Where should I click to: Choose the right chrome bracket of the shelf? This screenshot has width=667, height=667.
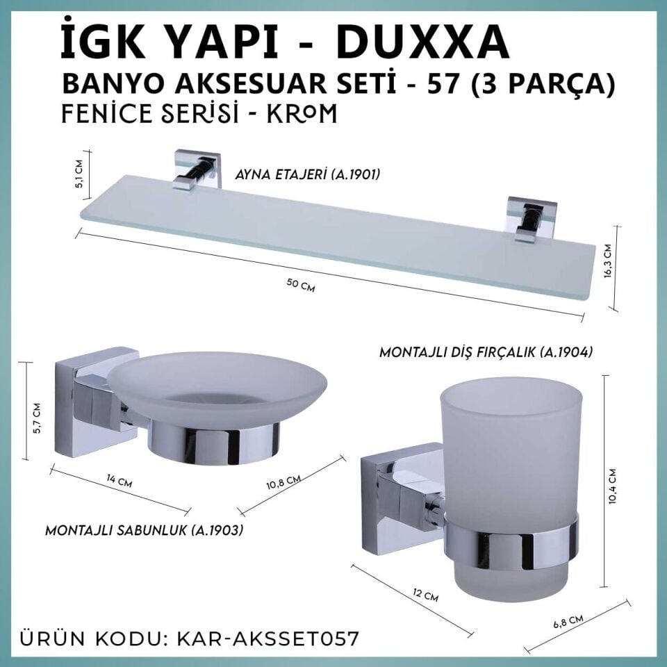pos(531,218)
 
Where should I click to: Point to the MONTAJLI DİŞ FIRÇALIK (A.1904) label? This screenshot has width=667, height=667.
pos(485,352)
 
